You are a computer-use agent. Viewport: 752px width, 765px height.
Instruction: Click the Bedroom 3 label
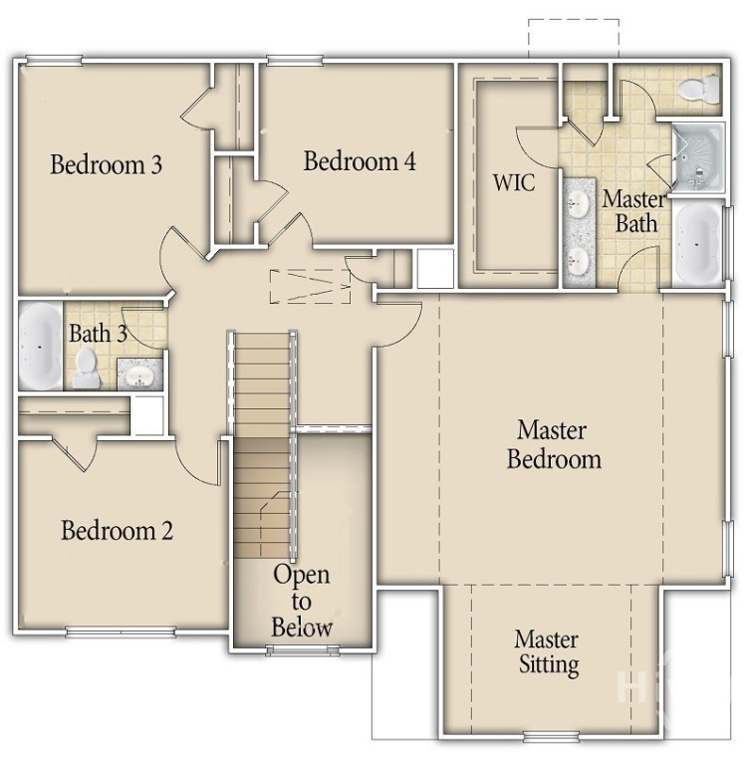[107, 164]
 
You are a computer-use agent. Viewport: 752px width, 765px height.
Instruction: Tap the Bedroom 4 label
[360, 161]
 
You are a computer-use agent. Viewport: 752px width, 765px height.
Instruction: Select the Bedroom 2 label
[118, 530]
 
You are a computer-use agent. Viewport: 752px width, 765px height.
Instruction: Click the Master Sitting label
[548, 651]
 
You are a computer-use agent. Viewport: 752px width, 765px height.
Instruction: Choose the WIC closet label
[514, 183]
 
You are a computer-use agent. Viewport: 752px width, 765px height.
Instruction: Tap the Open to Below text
[302, 601]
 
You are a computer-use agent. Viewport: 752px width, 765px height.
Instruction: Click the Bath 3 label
[97, 333]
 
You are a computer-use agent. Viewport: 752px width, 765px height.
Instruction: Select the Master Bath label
[634, 210]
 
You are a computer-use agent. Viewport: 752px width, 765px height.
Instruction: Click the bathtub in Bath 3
[40, 345]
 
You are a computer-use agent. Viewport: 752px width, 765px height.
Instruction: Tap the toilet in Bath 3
[88, 368]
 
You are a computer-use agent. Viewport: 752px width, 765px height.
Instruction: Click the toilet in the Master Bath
[697, 91]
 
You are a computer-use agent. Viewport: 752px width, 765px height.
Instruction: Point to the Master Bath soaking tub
[699, 244]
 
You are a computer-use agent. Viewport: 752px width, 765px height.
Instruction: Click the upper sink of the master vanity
[579, 204]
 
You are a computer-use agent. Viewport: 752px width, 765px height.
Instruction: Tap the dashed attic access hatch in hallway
[311, 286]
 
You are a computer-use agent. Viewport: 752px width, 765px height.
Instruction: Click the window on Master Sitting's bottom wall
[551, 738]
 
